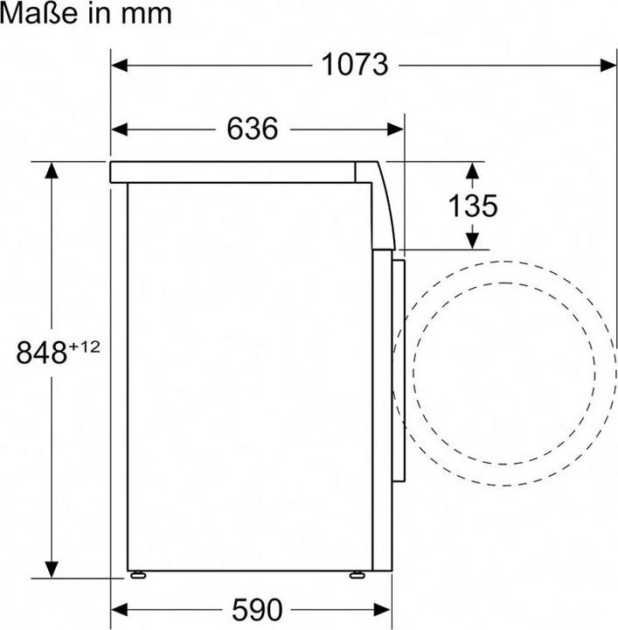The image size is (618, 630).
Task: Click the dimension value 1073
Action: [x=354, y=65]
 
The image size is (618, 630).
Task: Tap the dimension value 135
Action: [x=473, y=206]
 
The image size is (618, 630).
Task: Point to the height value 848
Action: [x=42, y=353]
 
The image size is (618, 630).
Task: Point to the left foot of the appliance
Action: [x=139, y=575]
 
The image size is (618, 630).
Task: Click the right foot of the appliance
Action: [x=357, y=575]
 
